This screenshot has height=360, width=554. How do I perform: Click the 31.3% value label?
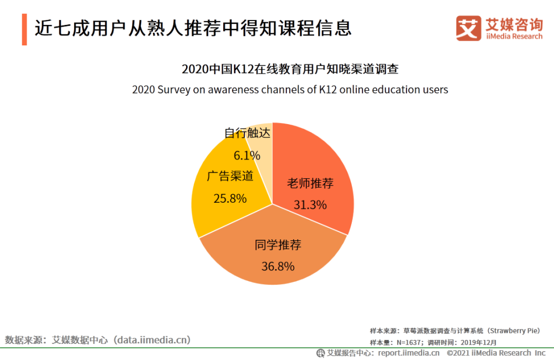click(x=310, y=205)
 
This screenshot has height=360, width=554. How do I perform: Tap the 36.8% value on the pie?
click(x=278, y=266)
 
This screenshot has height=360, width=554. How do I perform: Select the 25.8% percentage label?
click(x=230, y=198)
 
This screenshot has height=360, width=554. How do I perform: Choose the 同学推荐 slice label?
click(x=278, y=245)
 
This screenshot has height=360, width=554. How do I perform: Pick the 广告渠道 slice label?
click(x=230, y=176)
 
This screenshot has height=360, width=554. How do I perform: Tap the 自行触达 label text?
click(x=247, y=133)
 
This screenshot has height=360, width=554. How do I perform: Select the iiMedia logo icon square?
click(x=468, y=28)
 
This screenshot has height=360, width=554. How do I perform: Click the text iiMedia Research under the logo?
click(x=514, y=37)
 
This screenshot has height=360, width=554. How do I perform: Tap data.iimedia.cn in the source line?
click(x=151, y=340)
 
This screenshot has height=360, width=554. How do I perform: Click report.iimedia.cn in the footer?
click(x=409, y=353)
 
